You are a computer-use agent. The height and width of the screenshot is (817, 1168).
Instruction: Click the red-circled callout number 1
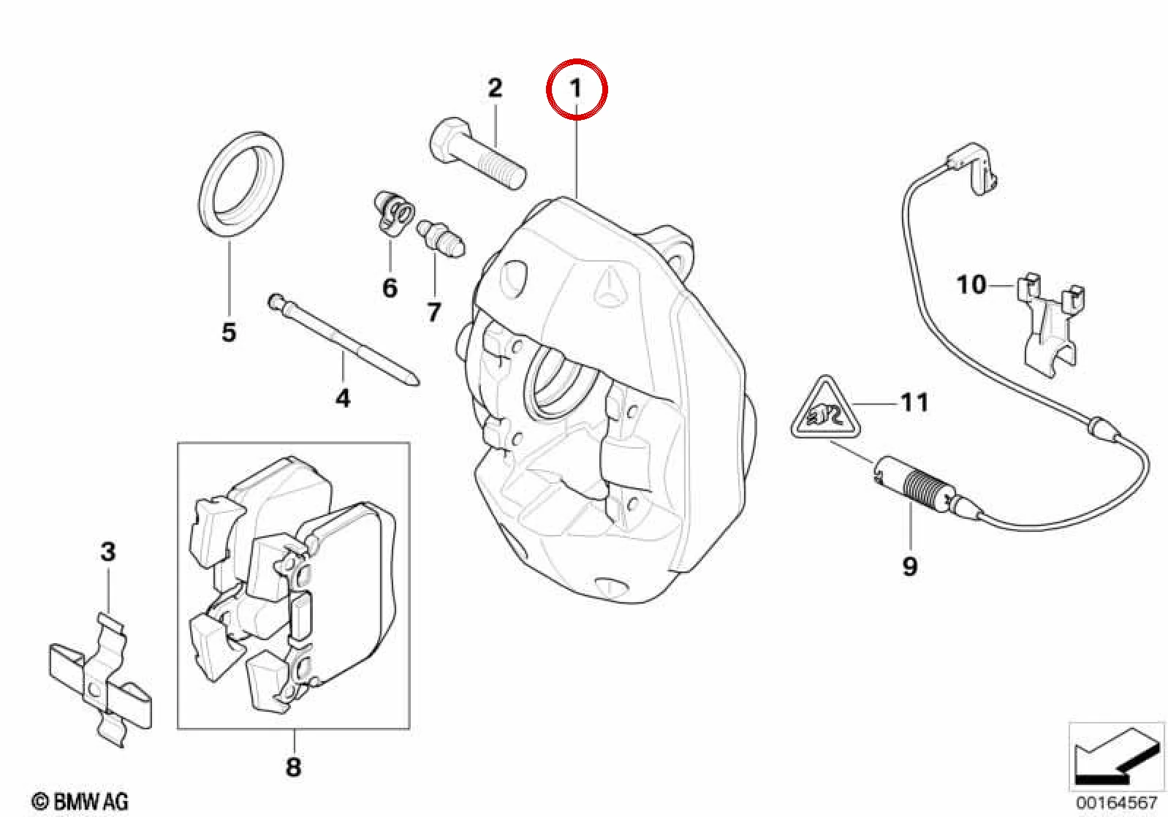point(576,88)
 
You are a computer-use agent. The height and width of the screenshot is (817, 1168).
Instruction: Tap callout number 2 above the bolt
point(494,88)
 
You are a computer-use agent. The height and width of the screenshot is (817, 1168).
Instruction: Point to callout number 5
point(229,332)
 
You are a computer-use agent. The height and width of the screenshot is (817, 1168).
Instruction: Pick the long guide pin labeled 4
point(344,341)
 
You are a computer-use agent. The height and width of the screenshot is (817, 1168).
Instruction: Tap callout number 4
point(343,398)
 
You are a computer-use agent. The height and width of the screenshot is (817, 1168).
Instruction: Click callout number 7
point(434,312)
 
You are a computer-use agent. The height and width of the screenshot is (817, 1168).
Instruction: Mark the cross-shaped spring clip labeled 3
point(101,680)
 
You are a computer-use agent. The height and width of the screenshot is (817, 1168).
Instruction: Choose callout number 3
point(107,552)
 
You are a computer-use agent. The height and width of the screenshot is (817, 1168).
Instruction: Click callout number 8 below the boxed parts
point(293,767)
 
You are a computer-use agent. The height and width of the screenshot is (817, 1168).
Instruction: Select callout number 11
point(914,403)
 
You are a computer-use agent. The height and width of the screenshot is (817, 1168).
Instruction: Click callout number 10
point(971,285)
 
